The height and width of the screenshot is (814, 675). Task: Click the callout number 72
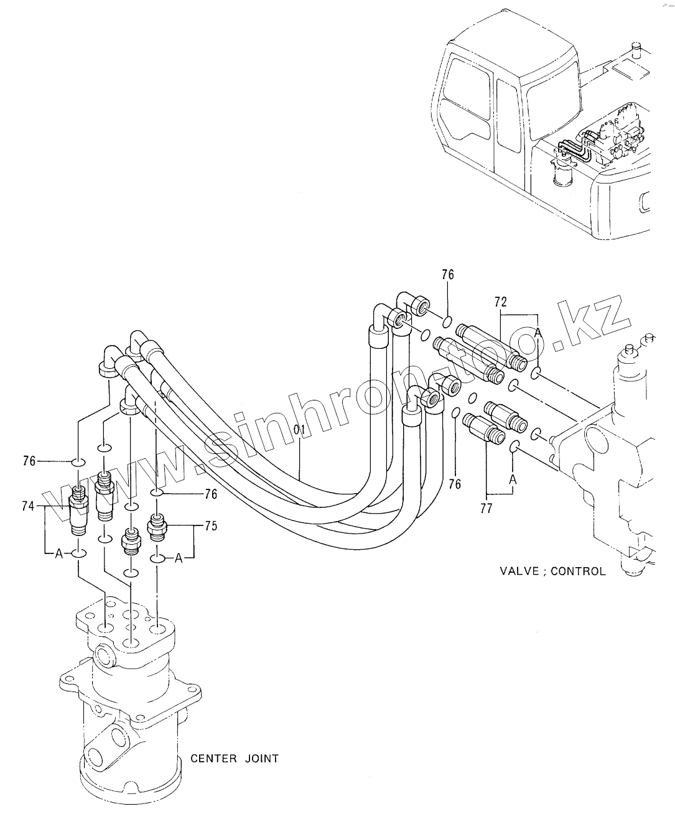(501, 302)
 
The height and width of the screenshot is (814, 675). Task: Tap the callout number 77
(486, 508)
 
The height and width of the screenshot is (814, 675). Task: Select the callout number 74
(29, 506)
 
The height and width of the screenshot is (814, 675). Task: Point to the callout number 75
(211, 526)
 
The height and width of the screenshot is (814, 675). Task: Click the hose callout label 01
(299, 430)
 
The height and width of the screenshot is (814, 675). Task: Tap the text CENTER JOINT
(235, 759)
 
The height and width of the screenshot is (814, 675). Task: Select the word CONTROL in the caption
(579, 571)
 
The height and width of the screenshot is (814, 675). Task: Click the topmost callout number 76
(448, 275)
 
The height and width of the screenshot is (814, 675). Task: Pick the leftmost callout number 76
(29, 461)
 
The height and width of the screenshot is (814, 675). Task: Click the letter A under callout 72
(538, 333)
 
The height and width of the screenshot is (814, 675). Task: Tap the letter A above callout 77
(513, 479)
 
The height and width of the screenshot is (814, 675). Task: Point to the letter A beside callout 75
(179, 558)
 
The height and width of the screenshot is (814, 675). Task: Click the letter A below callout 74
(59, 553)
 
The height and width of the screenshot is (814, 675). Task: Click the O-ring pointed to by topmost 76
(447, 322)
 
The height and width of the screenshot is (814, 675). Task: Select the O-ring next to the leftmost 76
(78, 463)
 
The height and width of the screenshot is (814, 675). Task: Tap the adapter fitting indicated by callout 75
(157, 527)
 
